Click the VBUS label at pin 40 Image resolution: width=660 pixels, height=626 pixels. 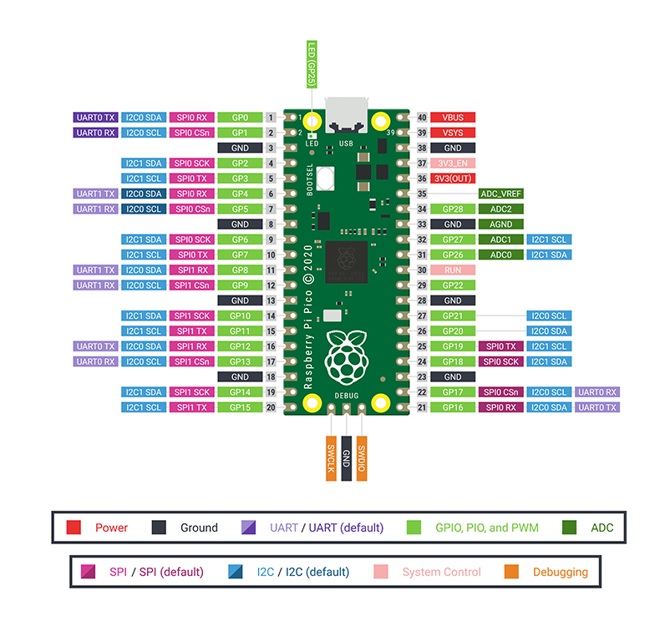tap(452, 118)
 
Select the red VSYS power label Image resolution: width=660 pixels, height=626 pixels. tap(452, 133)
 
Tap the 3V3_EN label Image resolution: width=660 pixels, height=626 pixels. tap(452, 163)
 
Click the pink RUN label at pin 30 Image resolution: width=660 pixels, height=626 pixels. tap(452, 270)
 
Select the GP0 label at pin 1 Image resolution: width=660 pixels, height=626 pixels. tap(240, 118)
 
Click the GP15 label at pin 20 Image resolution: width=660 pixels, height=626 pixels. tap(240, 407)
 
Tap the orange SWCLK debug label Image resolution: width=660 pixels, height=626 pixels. tap(331, 457)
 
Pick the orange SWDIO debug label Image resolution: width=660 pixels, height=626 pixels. tap(362, 457)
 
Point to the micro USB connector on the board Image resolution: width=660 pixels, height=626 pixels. tap(346, 116)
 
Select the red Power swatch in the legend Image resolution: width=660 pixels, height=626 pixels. tap(74, 528)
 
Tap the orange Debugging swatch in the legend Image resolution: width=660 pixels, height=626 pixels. tap(512, 572)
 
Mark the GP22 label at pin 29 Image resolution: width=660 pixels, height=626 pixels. tap(452, 285)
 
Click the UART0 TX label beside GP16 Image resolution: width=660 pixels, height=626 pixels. tap(597, 407)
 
